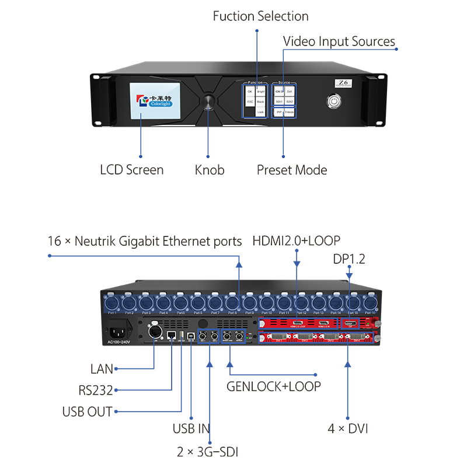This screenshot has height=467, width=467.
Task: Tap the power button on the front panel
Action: pyautogui.click(x=334, y=100)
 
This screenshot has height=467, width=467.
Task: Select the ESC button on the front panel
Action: pyautogui.click(x=250, y=102)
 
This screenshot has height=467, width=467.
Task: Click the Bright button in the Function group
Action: pyautogui.click(x=260, y=92)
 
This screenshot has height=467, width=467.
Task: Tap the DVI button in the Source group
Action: pyautogui.click(x=290, y=92)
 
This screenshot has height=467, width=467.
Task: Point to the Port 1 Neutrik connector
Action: pyautogui.click(x=111, y=303)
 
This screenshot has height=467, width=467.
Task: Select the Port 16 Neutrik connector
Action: pyautogui.click(x=370, y=303)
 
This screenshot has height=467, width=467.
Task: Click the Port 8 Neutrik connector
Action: pyautogui.click(x=232, y=303)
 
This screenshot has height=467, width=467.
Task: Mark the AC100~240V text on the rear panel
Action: pyautogui.click(x=121, y=342)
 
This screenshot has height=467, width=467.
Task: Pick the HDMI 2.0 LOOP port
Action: pyautogui.click(x=298, y=323)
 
